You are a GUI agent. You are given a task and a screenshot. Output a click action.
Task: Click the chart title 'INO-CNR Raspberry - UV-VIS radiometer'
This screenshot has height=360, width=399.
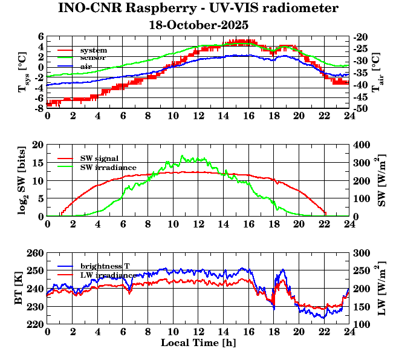198,8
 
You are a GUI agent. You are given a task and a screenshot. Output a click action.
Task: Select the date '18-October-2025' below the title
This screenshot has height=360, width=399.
199,25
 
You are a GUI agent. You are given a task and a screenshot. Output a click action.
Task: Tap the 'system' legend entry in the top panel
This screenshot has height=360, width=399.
93,50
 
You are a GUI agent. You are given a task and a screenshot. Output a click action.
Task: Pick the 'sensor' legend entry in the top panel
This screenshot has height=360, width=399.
93,57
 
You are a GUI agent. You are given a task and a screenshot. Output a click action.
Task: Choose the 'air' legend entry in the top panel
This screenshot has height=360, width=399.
86,66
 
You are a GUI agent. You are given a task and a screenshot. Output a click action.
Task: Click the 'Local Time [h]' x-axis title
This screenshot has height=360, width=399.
198,342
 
